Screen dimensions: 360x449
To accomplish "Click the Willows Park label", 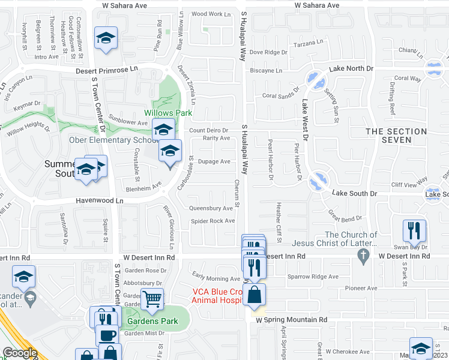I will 167,113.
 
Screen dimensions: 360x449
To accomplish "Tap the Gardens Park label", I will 152,321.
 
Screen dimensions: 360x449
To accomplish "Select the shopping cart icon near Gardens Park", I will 152,298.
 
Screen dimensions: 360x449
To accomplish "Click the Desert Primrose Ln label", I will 106,70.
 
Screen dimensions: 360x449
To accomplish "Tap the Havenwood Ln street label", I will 99,201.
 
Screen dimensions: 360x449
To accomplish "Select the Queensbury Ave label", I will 211,209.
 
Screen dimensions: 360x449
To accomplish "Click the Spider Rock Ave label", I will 213,221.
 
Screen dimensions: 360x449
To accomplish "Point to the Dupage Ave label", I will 214,161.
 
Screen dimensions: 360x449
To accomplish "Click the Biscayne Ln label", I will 266,70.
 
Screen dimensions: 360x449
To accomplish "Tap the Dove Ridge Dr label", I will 269,52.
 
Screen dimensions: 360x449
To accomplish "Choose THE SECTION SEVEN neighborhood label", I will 389,136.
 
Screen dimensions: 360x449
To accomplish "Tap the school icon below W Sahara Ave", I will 106,39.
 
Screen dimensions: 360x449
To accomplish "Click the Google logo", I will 20,353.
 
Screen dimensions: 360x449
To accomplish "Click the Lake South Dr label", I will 355,193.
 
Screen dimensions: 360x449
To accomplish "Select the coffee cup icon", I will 108,336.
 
